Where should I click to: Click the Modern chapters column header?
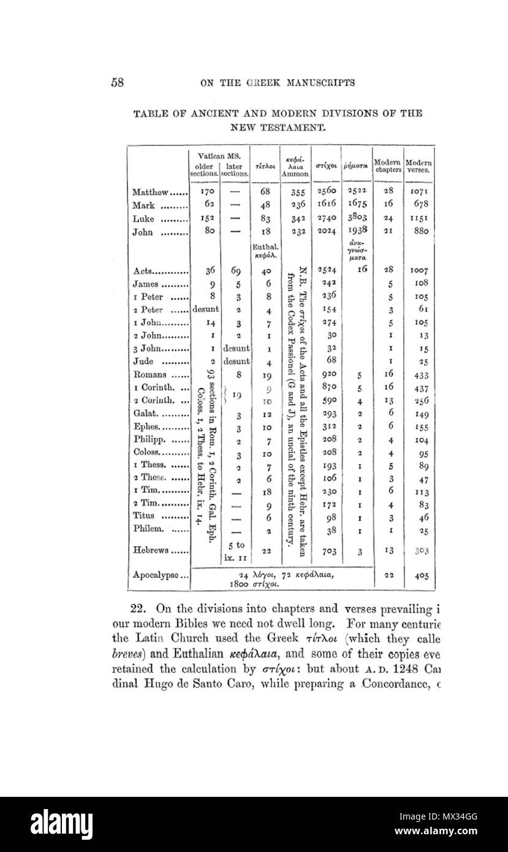coord(388,166)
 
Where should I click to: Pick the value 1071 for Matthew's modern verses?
coord(419,192)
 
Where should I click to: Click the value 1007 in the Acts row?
coord(419,270)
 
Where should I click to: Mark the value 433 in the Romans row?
coord(419,376)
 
